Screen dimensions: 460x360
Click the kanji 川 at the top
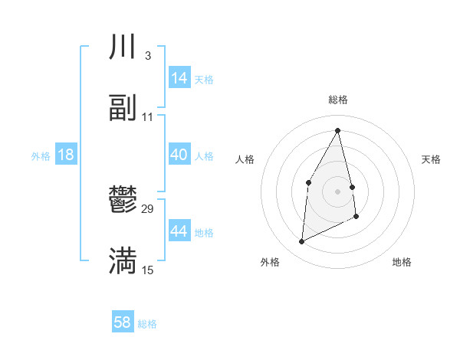click(x=123, y=48)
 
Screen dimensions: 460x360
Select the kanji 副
click(x=123, y=109)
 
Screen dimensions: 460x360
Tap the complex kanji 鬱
click(x=123, y=201)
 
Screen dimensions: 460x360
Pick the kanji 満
click(x=123, y=261)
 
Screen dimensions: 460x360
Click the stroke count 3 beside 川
click(x=147, y=56)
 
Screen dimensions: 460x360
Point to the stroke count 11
click(x=148, y=117)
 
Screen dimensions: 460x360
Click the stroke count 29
click(x=148, y=208)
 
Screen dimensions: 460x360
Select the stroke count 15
click(x=148, y=270)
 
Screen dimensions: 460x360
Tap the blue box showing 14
click(x=179, y=78)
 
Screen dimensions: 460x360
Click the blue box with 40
click(x=179, y=155)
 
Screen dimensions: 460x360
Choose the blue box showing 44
click(x=179, y=231)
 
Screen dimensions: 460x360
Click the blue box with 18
click(x=66, y=155)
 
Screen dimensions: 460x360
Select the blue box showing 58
click(x=123, y=322)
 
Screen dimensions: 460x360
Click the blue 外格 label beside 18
click(x=41, y=155)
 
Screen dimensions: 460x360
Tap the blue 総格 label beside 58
click(x=147, y=324)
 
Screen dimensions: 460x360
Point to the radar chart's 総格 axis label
click(x=338, y=100)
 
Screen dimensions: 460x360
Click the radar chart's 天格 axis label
click(x=431, y=159)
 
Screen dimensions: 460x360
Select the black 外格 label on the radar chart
click(x=270, y=262)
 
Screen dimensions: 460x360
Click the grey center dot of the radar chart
click(x=338, y=191)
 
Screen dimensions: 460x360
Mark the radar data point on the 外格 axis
click(x=301, y=242)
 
